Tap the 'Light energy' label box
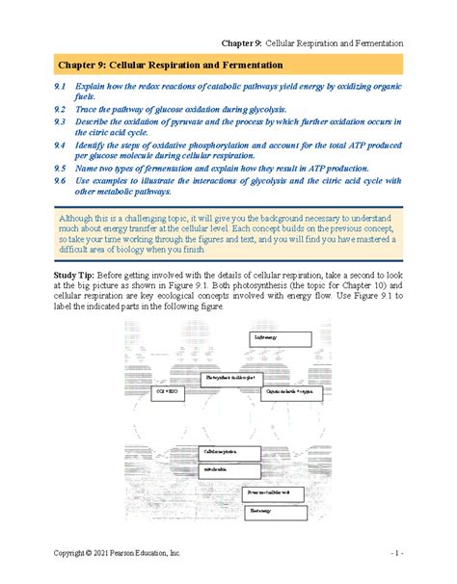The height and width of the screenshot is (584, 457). (x=280, y=338)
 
